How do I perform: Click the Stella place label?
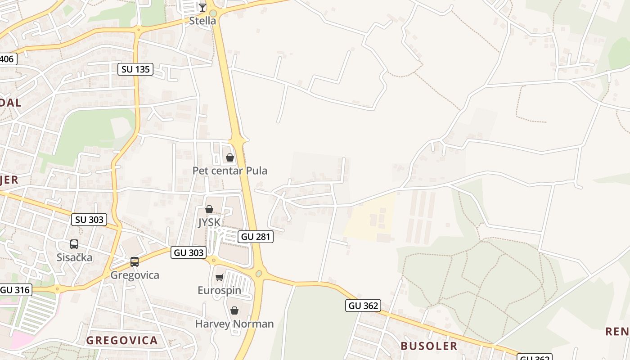[x=202, y=21]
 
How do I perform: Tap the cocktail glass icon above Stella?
[x=202, y=7]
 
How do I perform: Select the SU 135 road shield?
[x=135, y=69]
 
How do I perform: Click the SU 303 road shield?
[x=89, y=220]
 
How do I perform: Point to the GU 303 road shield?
[x=189, y=252]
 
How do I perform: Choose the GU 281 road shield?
[x=256, y=236]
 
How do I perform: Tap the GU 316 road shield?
[x=15, y=290]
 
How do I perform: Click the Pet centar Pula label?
[x=229, y=171]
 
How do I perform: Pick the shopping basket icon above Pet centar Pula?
[x=230, y=157]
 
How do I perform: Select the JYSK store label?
[x=209, y=222]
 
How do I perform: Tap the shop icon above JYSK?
[x=209, y=209]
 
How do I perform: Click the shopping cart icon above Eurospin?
[x=220, y=277]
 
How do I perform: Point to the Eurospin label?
[x=220, y=290]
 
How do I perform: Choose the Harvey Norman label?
[x=234, y=324]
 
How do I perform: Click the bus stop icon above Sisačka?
[x=74, y=244]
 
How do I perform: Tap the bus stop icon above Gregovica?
[x=134, y=262]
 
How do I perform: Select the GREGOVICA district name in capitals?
[x=122, y=340]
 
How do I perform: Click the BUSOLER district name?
[x=429, y=346]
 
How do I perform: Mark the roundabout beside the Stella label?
[x=213, y=13]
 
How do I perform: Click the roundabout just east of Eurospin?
[x=259, y=273]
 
